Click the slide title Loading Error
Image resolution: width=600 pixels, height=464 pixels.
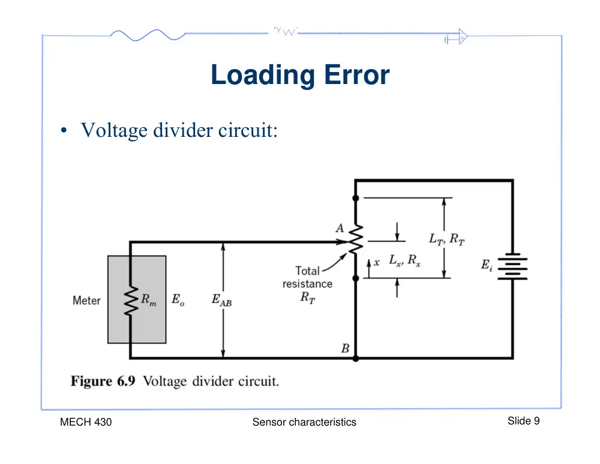[x=300, y=75]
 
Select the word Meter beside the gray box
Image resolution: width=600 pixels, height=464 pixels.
[x=86, y=301]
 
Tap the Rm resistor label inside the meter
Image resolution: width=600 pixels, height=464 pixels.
[x=148, y=300]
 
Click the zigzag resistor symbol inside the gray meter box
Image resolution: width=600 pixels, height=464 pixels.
[x=131, y=301]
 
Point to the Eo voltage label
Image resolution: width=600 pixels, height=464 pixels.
[x=178, y=300]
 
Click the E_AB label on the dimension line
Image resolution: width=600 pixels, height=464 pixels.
[x=221, y=300]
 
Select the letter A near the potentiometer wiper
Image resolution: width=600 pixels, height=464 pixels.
[x=340, y=228]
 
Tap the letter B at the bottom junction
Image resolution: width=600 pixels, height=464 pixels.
[x=345, y=348]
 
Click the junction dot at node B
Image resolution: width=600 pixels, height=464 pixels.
[x=355, y=359]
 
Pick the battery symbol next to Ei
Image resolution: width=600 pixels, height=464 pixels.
[x=512, y=267]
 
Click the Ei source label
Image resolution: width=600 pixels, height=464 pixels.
[x=487, y=265]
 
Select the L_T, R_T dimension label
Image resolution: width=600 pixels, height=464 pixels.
[x=447, y=240]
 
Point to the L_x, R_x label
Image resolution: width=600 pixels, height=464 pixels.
[x=404, y=261]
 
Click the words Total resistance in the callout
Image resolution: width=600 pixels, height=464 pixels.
[x=307, y=277]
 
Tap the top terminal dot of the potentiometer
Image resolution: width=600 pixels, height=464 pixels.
[x=355, y=198]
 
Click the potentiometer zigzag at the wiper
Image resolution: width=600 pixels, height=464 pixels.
[x=356, y=240]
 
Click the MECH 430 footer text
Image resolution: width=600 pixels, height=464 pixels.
[x=86, y=422]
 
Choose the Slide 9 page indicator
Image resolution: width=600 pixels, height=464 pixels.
[x=523, y=421]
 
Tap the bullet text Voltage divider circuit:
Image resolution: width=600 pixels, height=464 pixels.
[x=179, y=130]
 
